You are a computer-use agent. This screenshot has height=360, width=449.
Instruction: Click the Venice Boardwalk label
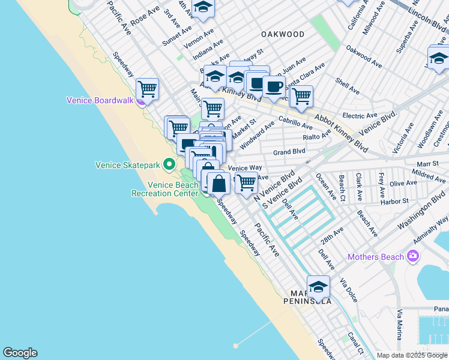point(100,100)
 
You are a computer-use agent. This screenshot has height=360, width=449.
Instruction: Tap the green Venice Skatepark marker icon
point(170,164)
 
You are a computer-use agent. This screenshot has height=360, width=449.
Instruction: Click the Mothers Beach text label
point(376,257)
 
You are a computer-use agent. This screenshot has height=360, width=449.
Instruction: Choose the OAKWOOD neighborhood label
point(283,34)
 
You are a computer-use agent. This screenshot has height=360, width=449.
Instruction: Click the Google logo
point(20,353)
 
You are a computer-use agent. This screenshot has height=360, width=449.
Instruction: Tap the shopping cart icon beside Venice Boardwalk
point(147,89)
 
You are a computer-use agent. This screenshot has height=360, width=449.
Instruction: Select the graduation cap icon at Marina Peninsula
point(319,287)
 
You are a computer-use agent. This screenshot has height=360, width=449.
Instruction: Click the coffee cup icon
point(274,86)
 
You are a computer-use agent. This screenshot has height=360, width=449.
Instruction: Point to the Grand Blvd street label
point(289,152)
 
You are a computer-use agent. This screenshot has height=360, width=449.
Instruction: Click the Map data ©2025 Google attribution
point(412,355)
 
